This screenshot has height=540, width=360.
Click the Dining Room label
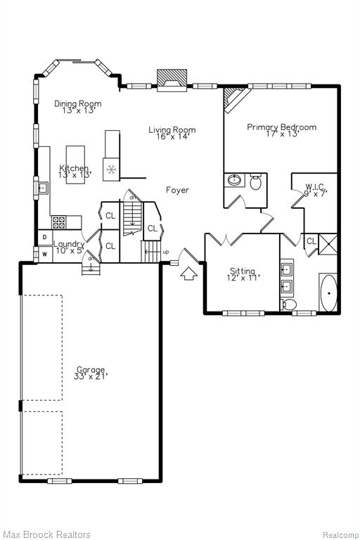pos(78,107)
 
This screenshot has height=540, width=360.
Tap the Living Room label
pos(172,133)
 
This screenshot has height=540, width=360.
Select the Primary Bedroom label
pos(282,130)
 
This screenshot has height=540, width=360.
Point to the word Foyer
pos(177,190)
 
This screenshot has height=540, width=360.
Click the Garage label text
pos(91,373)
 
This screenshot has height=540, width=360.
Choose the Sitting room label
pos(243,274)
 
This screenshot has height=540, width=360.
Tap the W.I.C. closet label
pos(316,190)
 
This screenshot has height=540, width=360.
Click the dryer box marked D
pos(45,237)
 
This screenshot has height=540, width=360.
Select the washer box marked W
pos(45,255)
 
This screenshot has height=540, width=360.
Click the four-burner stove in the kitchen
pos(58,222)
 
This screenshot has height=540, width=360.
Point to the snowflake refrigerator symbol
pos(111,169)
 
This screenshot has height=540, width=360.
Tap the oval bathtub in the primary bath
pos(328,293)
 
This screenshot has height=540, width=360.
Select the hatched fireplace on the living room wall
pos(172,80)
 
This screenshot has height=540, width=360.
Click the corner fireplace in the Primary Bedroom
pos(236,99)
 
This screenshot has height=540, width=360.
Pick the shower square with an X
pos(328,244)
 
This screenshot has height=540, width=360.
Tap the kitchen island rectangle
pos(75,165)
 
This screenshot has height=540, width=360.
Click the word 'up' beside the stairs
pos(166,252)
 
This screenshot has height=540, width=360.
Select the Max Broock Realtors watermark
pos(46,534)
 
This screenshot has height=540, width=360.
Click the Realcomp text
pos(340,535)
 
